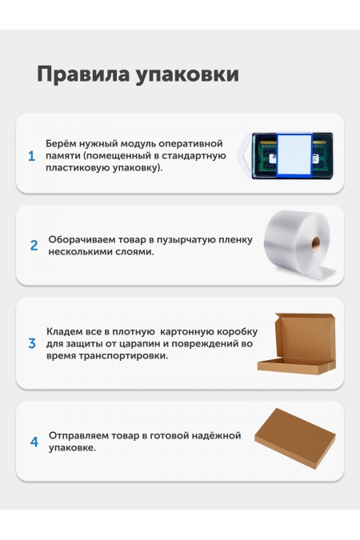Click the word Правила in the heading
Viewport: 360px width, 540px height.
(x=83, y=74)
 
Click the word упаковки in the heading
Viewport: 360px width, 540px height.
(x=187, y=75)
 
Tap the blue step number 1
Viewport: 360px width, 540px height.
(x=32, y=156)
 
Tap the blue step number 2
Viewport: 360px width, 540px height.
(x=34, y=246)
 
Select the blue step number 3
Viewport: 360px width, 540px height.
(x=32, y=343)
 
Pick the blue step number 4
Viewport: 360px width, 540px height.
(x=34, y=442)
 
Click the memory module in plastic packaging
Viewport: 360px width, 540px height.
(x=286, y=156)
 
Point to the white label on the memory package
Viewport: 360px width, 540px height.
(x=294, y=156)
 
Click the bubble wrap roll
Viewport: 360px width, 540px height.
(x=298, y=246)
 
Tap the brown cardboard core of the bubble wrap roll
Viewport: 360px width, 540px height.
(x=316, y=244)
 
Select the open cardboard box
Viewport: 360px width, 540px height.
(x=297, y=344)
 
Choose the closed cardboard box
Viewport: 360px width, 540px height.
(x=295, y=438)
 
